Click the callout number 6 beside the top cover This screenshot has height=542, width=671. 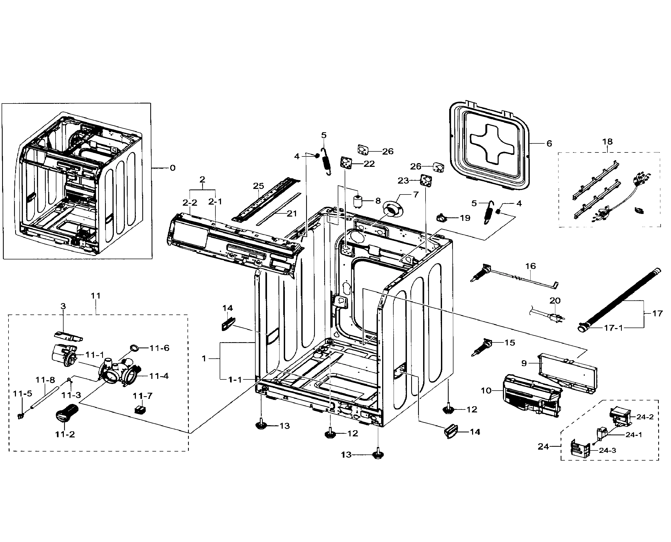pos(549,143)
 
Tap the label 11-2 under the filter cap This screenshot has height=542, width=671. pos(65,434)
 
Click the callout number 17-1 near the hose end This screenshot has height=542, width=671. pos(614,328)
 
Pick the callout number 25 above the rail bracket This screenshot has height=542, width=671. pos(259,186)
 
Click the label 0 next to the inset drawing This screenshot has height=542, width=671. pos(173,168)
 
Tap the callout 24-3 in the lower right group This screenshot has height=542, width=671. pos(607,450)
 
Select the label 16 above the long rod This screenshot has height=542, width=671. pos(531,266)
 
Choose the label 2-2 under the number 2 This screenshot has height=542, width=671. pos(190,203)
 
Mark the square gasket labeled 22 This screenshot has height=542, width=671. pos(346,163)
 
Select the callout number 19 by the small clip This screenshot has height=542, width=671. pos(465,218)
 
